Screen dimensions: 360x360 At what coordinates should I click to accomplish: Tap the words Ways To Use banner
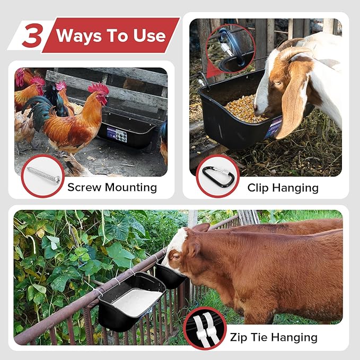tap(111, 36)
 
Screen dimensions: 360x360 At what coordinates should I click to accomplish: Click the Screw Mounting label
tap(112, 187)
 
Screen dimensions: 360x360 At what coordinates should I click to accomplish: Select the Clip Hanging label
tap(283, 188)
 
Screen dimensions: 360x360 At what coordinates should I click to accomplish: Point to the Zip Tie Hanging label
tap(274, 337)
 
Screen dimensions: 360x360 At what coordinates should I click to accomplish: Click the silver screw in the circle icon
tap(42, 175)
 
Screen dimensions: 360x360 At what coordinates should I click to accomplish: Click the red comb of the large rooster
tap(99, 88)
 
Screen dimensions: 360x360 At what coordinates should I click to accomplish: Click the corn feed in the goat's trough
tap(245, 109)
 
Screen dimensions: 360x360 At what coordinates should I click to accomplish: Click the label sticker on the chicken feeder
tap(117, 134)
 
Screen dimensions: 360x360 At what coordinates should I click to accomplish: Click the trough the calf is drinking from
tap(170, 275)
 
